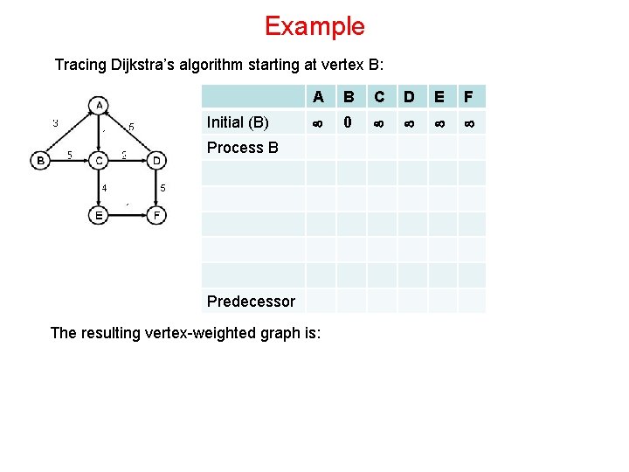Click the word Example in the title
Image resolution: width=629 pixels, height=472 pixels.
click(314, 26)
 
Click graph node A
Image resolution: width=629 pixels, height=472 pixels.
click(100, 106)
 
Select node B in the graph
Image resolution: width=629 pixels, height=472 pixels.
click(40, 160)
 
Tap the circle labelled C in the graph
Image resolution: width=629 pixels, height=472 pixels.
click(100, 160)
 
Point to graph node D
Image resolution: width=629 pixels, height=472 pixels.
click(156, 160)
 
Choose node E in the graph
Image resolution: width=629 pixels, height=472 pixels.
click(100, 215)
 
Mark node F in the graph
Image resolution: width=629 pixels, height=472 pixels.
click(156, 215)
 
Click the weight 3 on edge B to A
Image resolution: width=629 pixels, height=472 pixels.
click(55, 123)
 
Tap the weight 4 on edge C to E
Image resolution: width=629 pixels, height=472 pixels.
click(104, 187)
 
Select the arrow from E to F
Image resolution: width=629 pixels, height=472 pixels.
click(128, 215)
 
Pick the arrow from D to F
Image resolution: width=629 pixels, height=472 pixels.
click(156, 187)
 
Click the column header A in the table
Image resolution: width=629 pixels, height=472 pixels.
click(319, 97)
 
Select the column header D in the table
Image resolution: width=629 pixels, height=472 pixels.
click(408, 97)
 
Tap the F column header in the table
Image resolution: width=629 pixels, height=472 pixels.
click(468, 97)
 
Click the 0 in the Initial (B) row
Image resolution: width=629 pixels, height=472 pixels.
click(348, 122)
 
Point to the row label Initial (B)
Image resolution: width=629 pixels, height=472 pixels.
click(238, 122)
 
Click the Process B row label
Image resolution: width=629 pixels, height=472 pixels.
click(242, 148)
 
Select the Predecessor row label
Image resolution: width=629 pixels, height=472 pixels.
click(251, 302)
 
